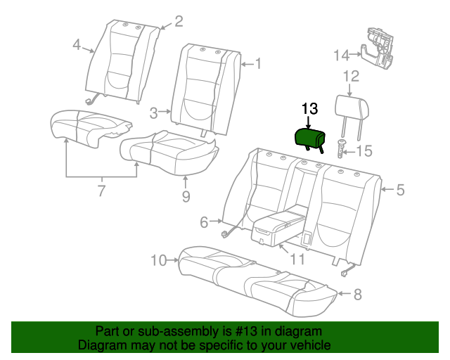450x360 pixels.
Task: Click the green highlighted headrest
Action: (x=310, y=139)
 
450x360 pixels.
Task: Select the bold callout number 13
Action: (x=309, y=109)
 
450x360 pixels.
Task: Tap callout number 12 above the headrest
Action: (x=351, y=77)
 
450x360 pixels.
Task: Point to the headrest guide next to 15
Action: (x=342, y=148)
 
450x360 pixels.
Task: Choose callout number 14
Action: (x=342, y=55)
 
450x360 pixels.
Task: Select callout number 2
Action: (x=178, y=22)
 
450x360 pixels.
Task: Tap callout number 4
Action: (x=77, y=45)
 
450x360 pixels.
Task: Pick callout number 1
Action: (x=258, y=63)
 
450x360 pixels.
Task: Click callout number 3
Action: (x=154, y=113)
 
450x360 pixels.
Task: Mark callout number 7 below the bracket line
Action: (x=101, y=191)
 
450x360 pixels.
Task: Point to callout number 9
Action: (x=186, y=197)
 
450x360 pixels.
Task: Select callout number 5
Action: (x=400, y=190)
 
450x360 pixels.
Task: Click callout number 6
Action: (x=204, y=222)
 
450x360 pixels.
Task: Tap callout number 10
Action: (x=159, y=261)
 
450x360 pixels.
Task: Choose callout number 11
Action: (x=297, y=259)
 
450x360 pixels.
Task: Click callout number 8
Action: (x=357, y=295)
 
